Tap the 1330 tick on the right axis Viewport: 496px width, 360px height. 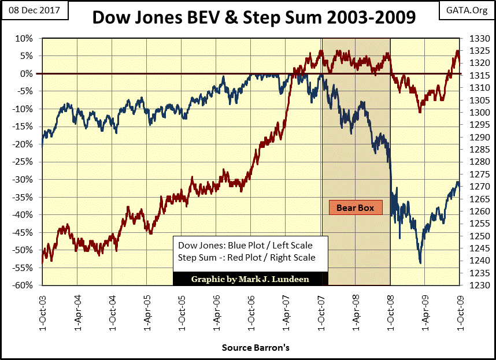pos(472,39)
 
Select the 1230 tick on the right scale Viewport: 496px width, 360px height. pos(472,285)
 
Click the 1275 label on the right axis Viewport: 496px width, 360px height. pos(472,174)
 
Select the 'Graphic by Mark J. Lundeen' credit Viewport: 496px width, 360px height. pos(250,279)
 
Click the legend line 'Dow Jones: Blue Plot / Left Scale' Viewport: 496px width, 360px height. pos(245,245)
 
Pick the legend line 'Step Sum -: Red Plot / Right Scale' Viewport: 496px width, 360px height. pos(247,257)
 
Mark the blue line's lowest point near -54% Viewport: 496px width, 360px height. pos(420,263)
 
